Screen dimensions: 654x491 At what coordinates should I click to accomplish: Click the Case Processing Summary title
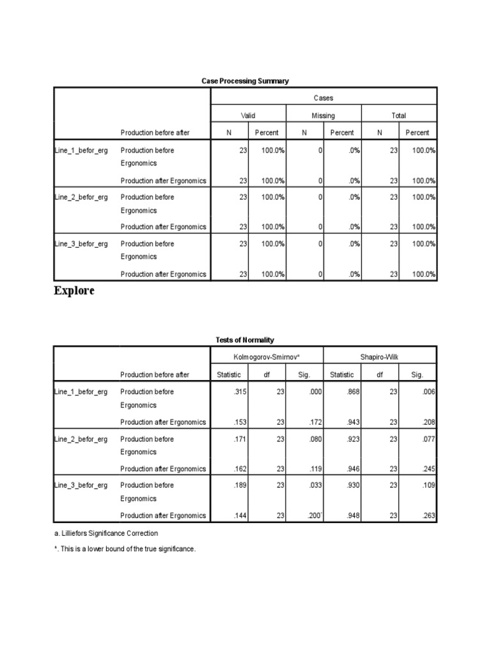point(245,81)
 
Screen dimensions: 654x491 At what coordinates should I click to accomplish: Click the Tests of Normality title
point(245,340)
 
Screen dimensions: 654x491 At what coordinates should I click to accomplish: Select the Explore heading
point(74,291)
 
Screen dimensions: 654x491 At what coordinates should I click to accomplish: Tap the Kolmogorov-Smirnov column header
point(267,357)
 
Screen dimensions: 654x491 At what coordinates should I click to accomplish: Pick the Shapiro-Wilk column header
point(380,357)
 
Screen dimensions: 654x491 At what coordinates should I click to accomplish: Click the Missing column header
point(323,116)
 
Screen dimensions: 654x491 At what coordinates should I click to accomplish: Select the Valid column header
point(247,116)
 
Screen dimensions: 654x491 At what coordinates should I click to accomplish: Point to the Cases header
point(323,98)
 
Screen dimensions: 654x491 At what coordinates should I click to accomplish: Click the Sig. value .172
point(315,422)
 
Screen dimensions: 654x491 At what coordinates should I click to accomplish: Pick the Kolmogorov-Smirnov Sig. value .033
point(315,485)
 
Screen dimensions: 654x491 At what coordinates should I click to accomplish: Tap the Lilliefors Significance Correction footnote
point(106,533)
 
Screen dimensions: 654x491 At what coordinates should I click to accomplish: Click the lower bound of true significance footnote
point(124,549)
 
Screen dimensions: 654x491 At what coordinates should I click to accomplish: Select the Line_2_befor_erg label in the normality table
point(81,439)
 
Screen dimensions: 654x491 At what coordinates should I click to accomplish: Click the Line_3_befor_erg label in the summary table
point(81,244)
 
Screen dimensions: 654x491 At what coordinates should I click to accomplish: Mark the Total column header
point(399,116)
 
